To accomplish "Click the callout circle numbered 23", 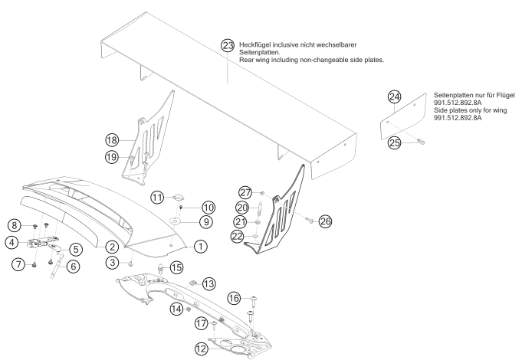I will (x=227, y=45).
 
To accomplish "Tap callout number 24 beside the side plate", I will (x=395, y=97).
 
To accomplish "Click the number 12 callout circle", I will (x=201, y=348).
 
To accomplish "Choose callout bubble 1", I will (x=200, y=247).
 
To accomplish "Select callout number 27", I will (x=245, y=192).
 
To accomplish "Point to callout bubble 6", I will (x=73, y=267).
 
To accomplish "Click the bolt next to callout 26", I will (x=307, y=221).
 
